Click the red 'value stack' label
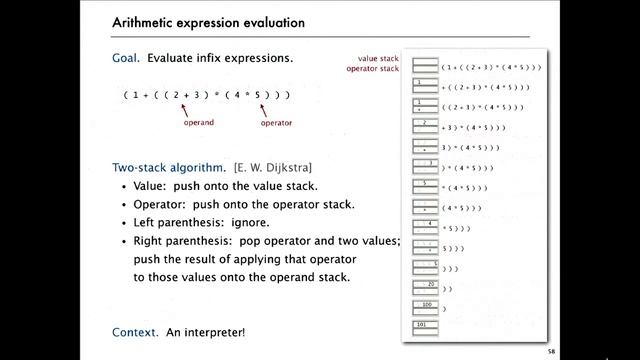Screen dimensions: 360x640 pyautogui.click(x=381, y=59)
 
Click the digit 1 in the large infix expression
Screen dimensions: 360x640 pyautogui.click(x=141, y=94)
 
